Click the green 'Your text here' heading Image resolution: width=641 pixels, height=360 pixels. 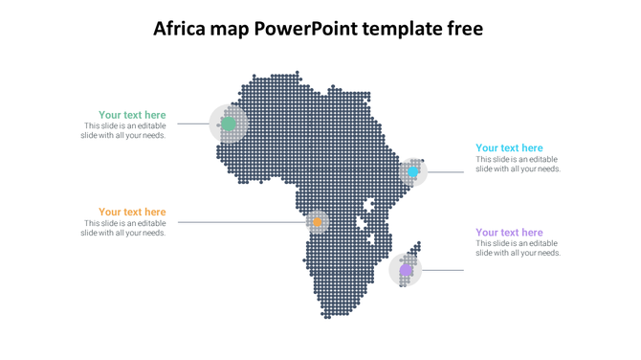coord(132,115)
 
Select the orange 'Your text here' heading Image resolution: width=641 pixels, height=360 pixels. coord(132,212)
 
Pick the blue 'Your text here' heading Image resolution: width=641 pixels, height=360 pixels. coord(509,148)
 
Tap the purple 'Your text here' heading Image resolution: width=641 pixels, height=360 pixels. coord(509,233)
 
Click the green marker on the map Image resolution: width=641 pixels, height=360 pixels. coord(229,124)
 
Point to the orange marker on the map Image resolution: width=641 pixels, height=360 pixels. coord(317,222)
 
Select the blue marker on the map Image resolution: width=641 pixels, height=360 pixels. coord(413,172)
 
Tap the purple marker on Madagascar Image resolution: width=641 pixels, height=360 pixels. coord(406,270)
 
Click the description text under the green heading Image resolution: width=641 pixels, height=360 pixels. coord(123,131)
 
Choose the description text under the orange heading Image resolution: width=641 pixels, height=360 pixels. coord(123,228)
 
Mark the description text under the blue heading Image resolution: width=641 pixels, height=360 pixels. coord(518,165)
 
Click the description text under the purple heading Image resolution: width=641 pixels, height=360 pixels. coord(518,249)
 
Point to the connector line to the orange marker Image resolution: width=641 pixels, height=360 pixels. coord(239,222)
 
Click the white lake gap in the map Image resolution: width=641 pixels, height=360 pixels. coord(364,223)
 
